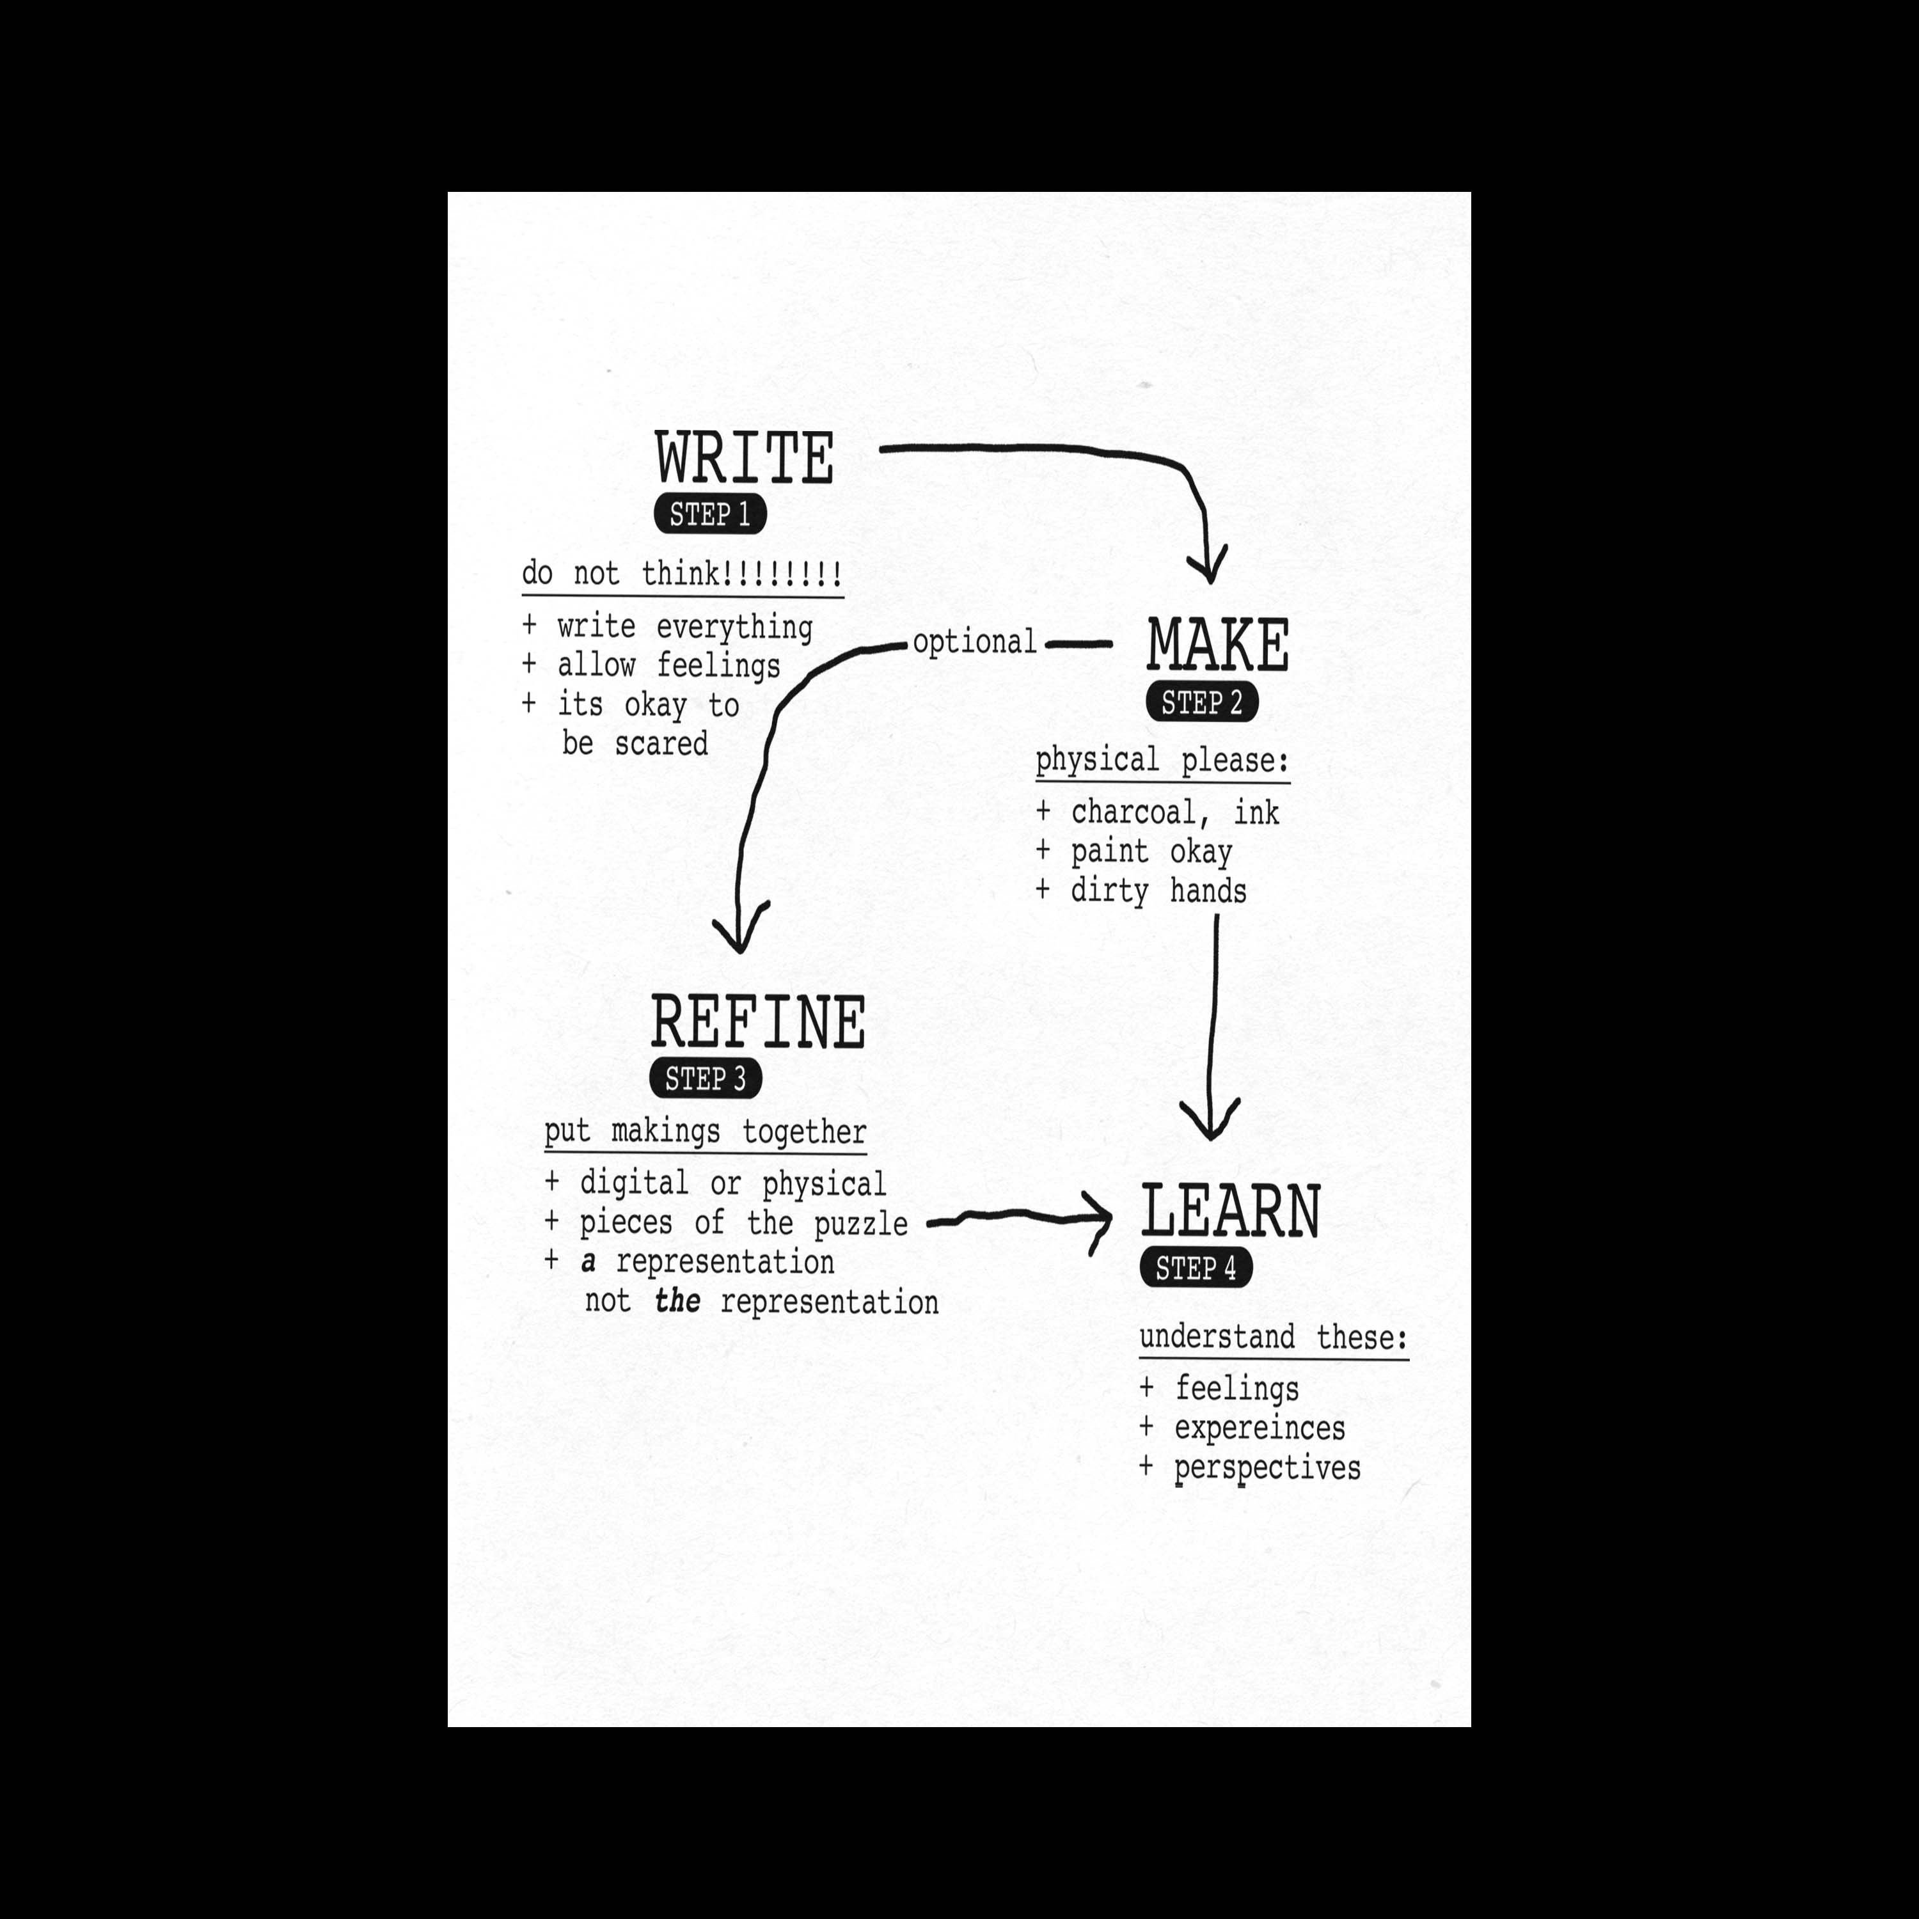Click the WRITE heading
coord(744,458)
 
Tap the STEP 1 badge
coord(710,514)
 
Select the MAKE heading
coord(1218,645)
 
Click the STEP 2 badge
coord(1202,702)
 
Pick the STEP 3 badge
coord(705,1078)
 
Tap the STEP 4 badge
coord(1196,1268)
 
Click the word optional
coord(974,643)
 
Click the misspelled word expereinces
coord(1260,1428)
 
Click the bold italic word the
coord(677,1301)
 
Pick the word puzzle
coord(860,1224)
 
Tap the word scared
coord(661,744)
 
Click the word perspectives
coord(1267,1468)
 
